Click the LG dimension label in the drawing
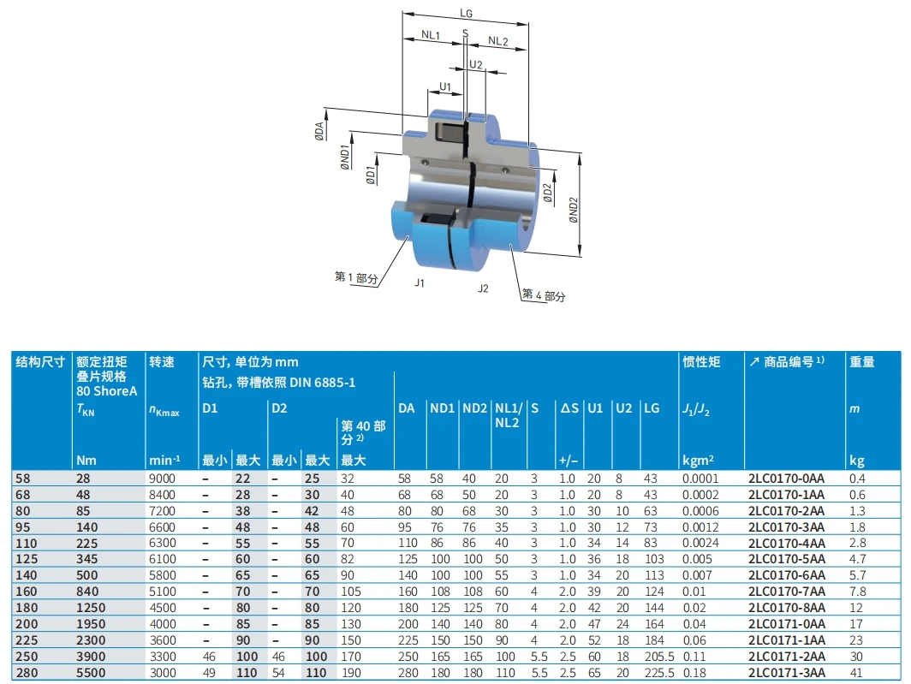[x=466, y=13]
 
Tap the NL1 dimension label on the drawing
[x=430, y=36]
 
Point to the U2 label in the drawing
[x=476, y=65]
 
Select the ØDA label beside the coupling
[x=319, y=130]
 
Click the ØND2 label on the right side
[x=575, y=210]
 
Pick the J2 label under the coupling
[x=483, y=288]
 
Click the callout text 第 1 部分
[x=356, y=277]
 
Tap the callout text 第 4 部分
[x=545, y=295]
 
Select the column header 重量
[x=862, y=362]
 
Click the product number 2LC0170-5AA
[x=786, y=558]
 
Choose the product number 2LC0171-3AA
[x=786, y=673]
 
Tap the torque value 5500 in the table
[x=92, y=673]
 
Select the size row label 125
[x=27, y=558]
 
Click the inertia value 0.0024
[x=700, y=543]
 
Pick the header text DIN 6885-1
[x=325, y=381]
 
